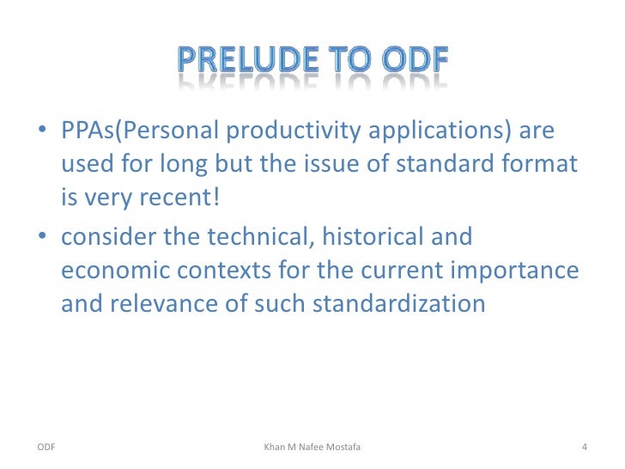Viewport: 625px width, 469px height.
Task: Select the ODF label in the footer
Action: click(x=47, y=447)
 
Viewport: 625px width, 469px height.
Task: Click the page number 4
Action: click(x=584, y=447)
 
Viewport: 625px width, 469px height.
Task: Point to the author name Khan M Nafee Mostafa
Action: click(x=312, y=447)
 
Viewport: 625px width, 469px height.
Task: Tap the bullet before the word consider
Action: click(x=42, y=237)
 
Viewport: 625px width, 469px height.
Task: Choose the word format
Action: click(x=544, y=167)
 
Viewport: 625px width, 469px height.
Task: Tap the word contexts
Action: click(x=211, y=271)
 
